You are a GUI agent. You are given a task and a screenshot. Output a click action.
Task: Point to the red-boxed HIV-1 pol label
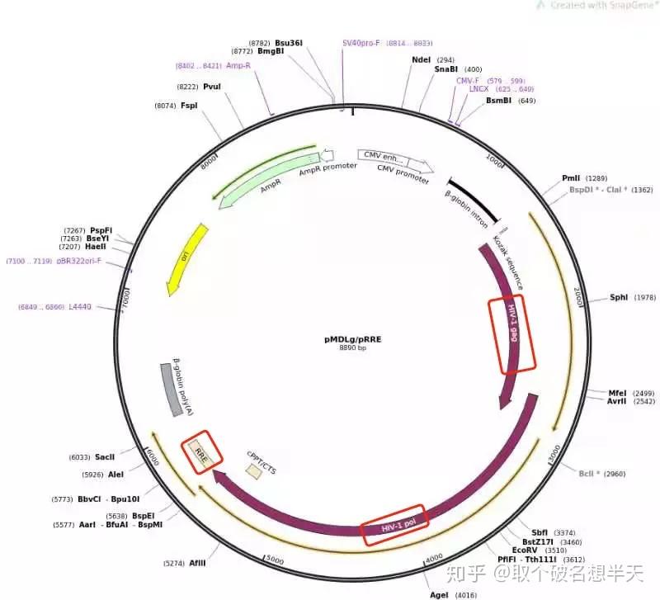[x=394, y=525]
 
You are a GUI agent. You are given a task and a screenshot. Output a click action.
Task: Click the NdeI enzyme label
[x=422, y=59]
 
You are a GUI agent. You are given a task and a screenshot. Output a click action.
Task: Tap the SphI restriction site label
[x=619, y=297]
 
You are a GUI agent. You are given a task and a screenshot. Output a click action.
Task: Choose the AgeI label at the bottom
[x=440, y=594]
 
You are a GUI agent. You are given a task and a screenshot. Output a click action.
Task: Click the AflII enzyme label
[x=197, y=564]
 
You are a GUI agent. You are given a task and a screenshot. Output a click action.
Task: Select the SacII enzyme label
[x=105, y=456]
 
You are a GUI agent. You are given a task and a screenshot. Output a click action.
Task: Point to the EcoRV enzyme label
[x=525, y=549]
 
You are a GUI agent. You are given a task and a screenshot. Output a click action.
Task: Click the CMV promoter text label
[x=403, y=173]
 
